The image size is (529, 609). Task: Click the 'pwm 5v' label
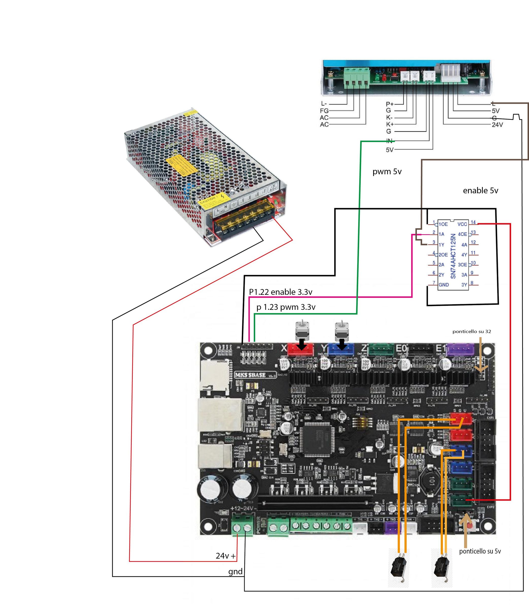387,172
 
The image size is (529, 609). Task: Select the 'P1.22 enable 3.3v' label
280,292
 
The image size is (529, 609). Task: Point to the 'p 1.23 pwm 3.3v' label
286,307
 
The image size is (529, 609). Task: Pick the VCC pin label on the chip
462,224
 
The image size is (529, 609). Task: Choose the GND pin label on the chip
443,284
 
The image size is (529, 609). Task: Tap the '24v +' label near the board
226,556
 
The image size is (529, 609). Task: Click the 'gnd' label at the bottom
235,572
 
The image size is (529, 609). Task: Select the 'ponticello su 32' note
471,331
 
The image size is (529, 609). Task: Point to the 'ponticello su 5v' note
480,551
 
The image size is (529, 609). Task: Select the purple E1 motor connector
461,349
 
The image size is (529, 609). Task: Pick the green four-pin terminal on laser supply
357,78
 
